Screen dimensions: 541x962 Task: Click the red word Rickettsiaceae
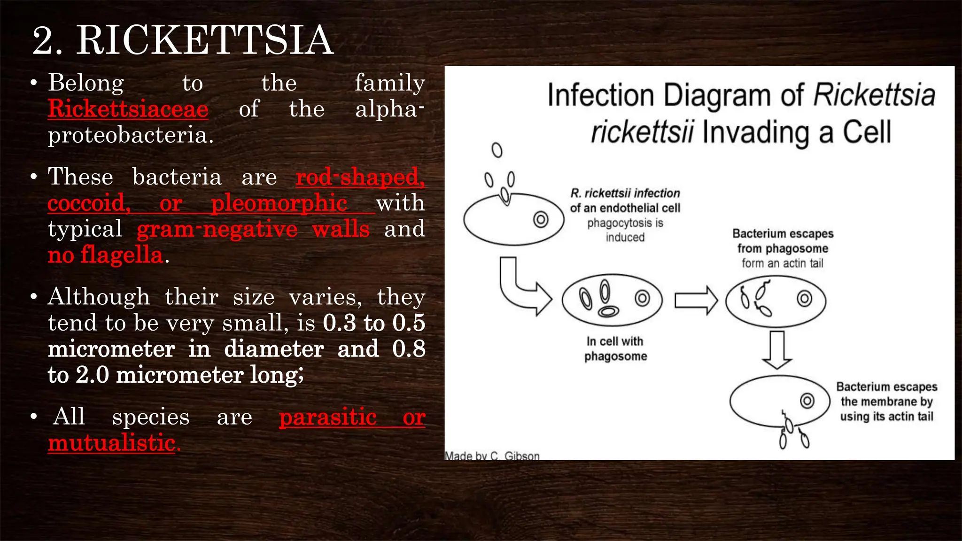pos(128,109)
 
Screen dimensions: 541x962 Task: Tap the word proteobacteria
pos(131,135)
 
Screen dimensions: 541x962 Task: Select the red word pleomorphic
pos(279,203)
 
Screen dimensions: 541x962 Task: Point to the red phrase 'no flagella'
pos(105,255)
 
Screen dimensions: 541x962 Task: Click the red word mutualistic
pos(112,443)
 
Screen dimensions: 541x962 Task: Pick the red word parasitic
pos(328,417)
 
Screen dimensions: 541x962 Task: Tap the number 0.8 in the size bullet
pos(409,349)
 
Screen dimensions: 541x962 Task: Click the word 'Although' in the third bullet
pos(99,297)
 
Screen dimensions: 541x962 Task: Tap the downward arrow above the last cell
pos(777,350)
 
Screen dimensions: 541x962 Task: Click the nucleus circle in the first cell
pos(541,219)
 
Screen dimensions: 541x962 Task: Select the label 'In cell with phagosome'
pos(615,348)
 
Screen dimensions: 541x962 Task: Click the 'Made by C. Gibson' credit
pos(492,456)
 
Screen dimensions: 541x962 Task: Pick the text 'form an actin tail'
pos(782,263)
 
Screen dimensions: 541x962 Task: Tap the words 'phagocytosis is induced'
pos(625,230)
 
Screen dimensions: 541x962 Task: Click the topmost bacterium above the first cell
pos(497,150)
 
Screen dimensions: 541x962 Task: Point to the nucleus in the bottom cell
pos(807,401)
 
